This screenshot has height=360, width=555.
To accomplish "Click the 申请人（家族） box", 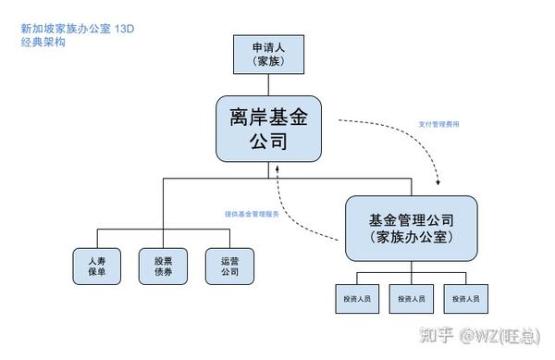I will pyautogui.click(x=267, y=54).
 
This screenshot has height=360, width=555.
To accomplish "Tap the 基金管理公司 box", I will pyautogui.click(x=411, y=228).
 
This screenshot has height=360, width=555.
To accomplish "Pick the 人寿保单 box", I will pyautogui.click(x=96, y=266).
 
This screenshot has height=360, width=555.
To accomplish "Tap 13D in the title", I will pyautogui.click(x=125, y=29).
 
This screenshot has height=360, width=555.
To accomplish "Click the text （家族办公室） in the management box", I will pyautogui.click(x=411, y=237).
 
